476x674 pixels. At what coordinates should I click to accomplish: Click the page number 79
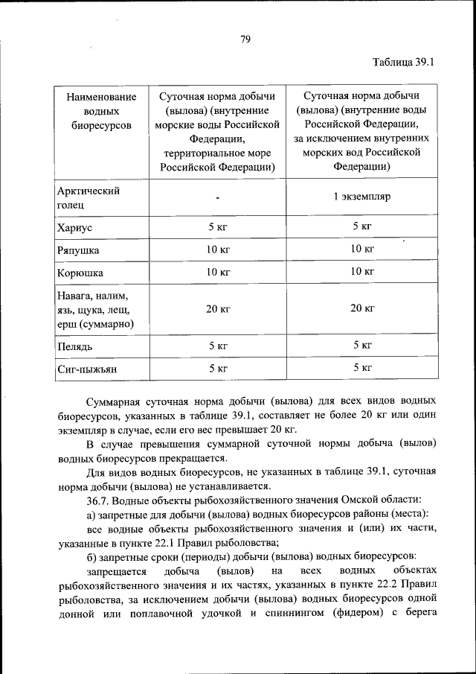245,39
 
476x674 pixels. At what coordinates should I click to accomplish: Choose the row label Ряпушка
78,250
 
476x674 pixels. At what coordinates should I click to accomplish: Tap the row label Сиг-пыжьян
87,369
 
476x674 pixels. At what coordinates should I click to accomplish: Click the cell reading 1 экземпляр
361,197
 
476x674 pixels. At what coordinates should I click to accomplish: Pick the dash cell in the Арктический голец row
216,198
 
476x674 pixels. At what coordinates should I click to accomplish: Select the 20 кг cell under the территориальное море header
217,308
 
